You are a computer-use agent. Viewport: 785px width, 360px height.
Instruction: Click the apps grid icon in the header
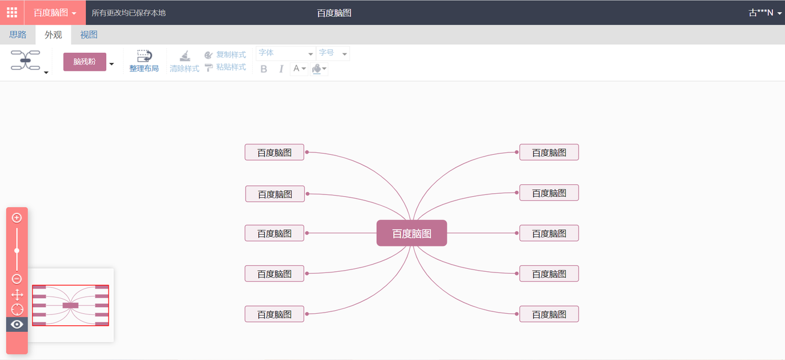point(12,13)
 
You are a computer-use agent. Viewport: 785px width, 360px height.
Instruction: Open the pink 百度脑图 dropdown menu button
point(55,13)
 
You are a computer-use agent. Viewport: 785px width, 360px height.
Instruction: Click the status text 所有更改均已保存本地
point(128,13)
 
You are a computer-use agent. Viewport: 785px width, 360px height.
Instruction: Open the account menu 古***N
point(765,13)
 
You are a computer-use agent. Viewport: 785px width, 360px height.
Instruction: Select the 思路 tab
point(18,35)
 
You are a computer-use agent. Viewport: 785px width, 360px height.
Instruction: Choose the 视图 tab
point(89,35)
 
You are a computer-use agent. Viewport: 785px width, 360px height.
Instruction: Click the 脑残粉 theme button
point(85,62)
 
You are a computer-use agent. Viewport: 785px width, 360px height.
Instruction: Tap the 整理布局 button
point(144,61)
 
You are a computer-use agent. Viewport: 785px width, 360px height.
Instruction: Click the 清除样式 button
point(184,61)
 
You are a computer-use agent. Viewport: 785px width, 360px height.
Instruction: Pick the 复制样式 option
point(226,55)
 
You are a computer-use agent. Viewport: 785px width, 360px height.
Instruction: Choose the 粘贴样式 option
point(226,67)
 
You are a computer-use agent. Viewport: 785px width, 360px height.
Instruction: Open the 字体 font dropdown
point(286,53)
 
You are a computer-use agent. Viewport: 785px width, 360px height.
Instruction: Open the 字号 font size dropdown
point(332,53)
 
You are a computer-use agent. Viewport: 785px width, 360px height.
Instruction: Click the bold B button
point(263,69)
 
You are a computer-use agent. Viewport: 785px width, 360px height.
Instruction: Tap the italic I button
point(281,69)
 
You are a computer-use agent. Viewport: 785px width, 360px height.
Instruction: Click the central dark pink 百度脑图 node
point(412,233)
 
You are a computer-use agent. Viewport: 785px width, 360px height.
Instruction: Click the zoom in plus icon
point(17,218)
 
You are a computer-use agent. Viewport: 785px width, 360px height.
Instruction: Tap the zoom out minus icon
point(17,279)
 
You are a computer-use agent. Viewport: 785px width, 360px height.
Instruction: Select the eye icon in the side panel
point(17,325)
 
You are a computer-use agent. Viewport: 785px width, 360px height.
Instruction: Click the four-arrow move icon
point(17,295)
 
